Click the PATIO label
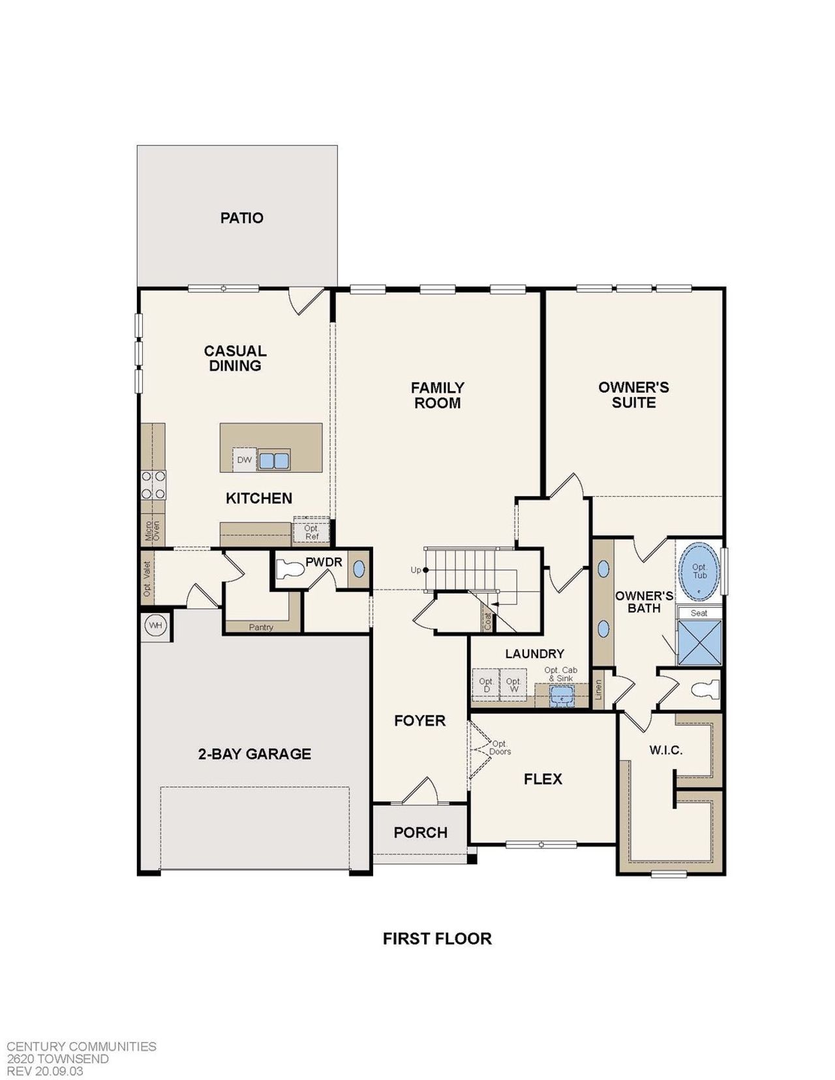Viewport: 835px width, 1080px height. click(x=241, y=218)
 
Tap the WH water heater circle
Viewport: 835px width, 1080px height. click(x=155, y=625)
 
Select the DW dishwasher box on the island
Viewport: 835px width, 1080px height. click(x=244, y=460)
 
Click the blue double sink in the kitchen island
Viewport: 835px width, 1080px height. click(x=274, y=460)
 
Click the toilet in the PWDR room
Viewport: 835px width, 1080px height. click(x=290, y=570)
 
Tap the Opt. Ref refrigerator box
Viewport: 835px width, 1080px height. click(x=312, y=532)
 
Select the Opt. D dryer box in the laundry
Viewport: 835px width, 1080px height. click(x=486, y=685)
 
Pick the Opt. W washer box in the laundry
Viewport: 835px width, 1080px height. click(x=513, y=685)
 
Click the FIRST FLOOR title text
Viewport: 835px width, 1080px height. click(x=437, y=938)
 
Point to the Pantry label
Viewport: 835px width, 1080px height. click(x=261, y=627)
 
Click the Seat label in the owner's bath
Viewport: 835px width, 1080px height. click(x=699, y=613)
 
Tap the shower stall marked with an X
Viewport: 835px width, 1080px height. click(x=699, y=643)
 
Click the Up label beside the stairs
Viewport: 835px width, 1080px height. click(x=416, y=570)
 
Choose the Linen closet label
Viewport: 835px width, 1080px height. click(x=599, y=690)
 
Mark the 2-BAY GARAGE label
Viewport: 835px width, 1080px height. click(x=254, y=754)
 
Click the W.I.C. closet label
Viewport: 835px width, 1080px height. click(x=665, y=750)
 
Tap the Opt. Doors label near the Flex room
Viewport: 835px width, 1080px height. click(x=501, y=747)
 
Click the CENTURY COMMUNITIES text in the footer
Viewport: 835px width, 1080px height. click(x=82, y=1046)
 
